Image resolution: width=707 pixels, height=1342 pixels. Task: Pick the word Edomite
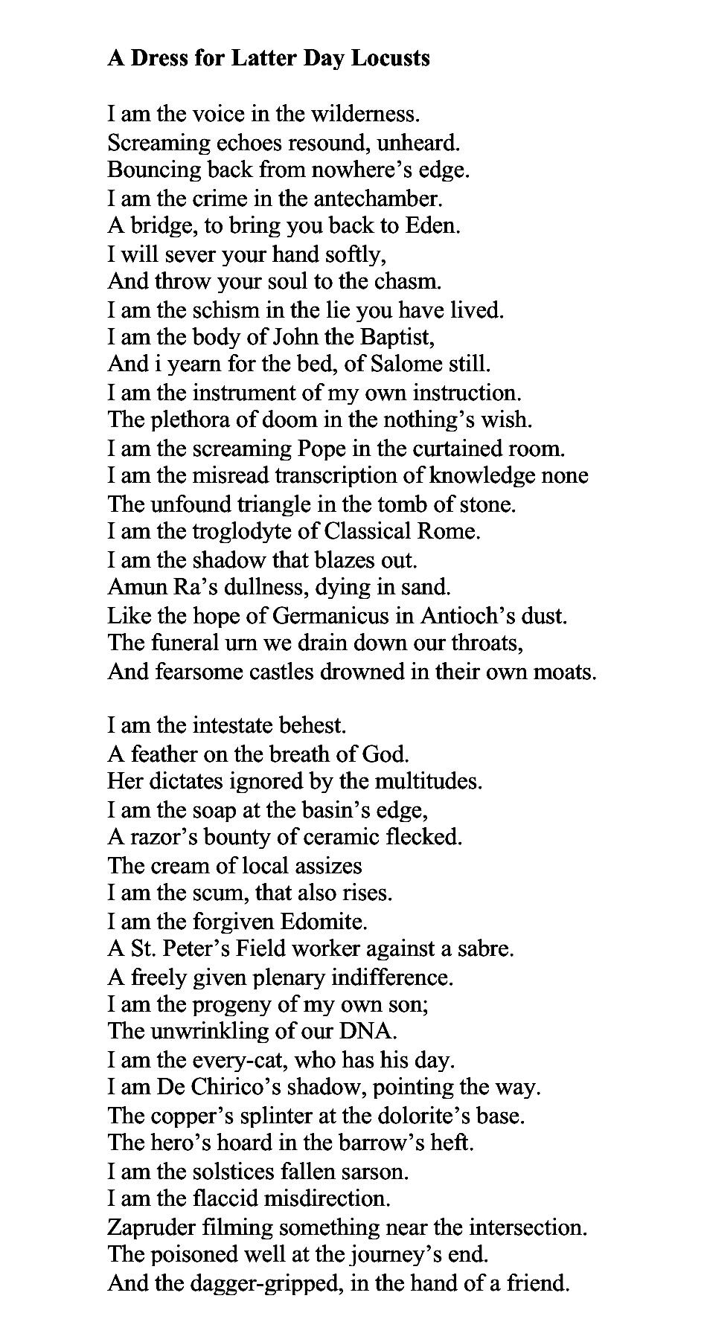click(324, 922)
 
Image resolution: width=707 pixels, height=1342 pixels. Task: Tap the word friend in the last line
click(538, 1283)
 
